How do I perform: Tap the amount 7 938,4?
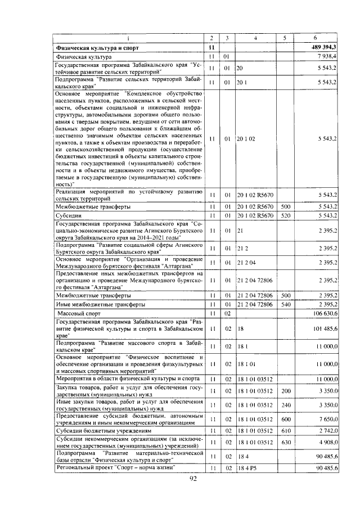(328, 57)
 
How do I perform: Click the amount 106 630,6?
(325, 312)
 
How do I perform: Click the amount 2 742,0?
(327, 429)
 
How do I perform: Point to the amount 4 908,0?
(327, 442)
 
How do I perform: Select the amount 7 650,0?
(327, 418)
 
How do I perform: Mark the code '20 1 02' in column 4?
(246, 138)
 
